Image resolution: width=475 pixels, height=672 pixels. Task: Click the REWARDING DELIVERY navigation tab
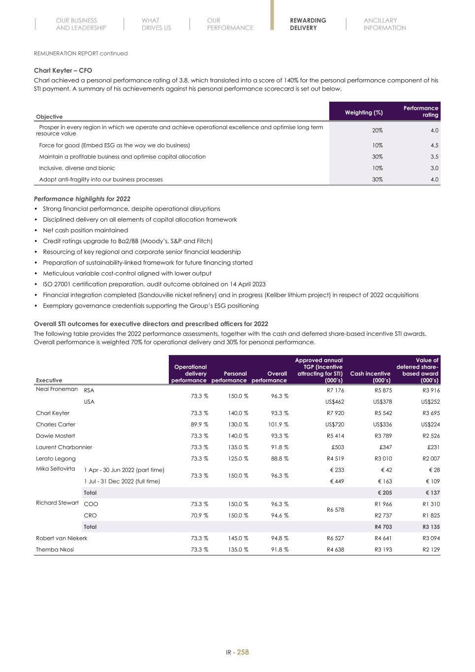(x=308, y=24)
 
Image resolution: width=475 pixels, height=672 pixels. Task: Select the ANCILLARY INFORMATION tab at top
(x=384, y=24)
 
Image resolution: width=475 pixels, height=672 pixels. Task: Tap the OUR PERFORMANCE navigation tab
(x=230, y=24)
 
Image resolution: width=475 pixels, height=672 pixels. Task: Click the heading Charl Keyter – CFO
(x=63, y=70)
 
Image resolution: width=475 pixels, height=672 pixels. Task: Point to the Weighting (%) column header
(x=363, y=113)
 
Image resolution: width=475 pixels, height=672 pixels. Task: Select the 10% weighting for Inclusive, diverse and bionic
(x=377, y=168)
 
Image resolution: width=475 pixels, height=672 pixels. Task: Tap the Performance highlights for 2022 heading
(x=82, y=199)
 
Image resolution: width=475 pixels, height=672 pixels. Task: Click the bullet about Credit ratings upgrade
(x=127, y=241)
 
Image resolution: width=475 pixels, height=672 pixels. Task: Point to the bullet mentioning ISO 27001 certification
(x=154, y=284)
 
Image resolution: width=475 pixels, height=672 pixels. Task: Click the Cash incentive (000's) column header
(x=370, y=377)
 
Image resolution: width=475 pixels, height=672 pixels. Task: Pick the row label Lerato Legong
(x=56, y=458)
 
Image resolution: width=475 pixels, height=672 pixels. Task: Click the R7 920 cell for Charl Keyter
(x=335, y=413)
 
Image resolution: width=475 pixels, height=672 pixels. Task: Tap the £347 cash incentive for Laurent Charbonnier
(x=385, y=447)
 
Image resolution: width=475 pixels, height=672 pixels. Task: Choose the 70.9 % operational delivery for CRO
(x=199, y=515)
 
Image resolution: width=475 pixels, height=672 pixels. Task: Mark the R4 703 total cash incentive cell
(x=383, y=527)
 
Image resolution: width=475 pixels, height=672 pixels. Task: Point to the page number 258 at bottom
(x=243, y=652)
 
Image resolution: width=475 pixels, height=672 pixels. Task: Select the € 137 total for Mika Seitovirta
(x=432, y=493)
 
